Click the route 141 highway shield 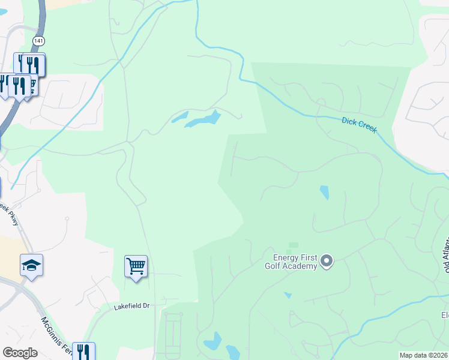pos(38,40)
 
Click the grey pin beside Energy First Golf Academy pos(327,260)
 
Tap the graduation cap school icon pos(31,265)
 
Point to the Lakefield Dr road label pos(131,306)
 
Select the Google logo pos(20,353)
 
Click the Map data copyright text pos(423,355)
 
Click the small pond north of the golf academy pos(325,193)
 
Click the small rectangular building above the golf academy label pos(293,245)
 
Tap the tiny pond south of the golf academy pos(288,295)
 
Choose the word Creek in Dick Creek pos(367,127)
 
